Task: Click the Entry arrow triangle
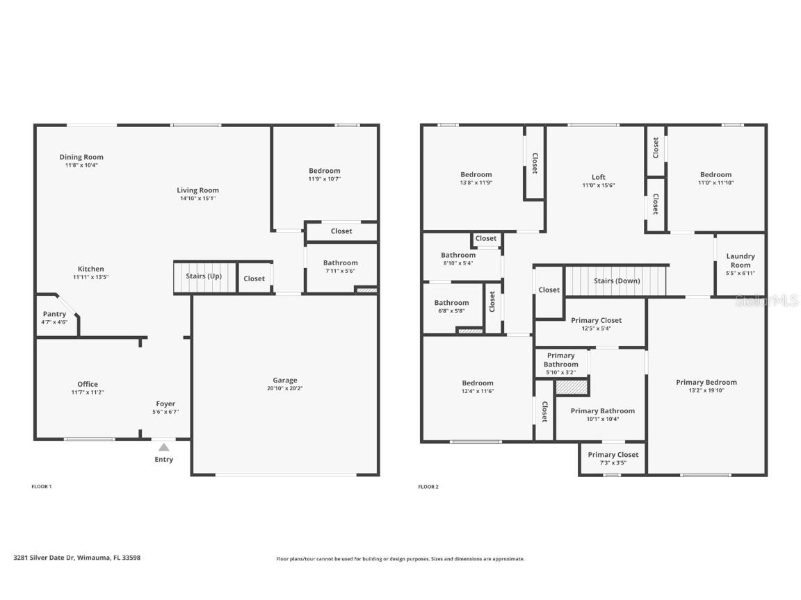pos(163,447)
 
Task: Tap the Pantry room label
pos(54,314)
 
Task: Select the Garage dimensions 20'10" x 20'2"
pos(284,389)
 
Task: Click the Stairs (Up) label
pos(204,276)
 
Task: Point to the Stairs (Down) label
pos(617,281)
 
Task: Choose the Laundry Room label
pos(741,260)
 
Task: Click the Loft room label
pos(599,177)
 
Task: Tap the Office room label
pos(88,384)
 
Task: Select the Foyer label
pos(165,403)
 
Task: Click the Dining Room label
pos(81,157)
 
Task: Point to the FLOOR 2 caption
pos(428,487)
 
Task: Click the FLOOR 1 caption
pos(42,487)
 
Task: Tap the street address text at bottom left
pos(76,557)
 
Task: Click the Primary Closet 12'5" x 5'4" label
pos(596,320)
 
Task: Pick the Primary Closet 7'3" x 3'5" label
pos(613,455)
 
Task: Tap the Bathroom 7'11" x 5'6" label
pos(340,262)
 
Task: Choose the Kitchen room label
pos(90,269)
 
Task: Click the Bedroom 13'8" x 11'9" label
pos(476,174)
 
